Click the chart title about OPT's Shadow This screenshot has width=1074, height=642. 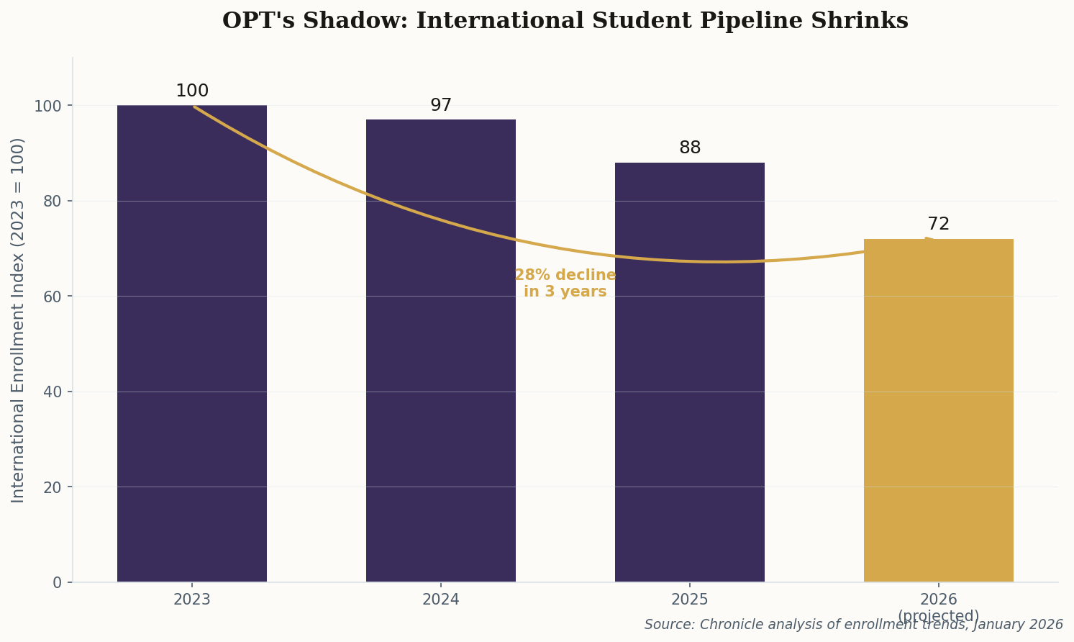565,21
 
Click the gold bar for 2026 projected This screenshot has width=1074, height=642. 938,410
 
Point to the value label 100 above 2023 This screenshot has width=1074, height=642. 192,91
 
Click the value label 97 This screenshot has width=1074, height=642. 441,106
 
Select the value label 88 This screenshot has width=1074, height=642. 690,148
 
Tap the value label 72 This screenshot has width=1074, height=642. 938,225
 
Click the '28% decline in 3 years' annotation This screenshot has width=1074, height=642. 565,284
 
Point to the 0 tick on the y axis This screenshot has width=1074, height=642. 58,582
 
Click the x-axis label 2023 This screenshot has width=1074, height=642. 192,600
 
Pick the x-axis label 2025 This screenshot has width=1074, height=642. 690,600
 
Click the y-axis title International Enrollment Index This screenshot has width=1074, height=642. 19,320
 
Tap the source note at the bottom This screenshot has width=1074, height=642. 853,625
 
